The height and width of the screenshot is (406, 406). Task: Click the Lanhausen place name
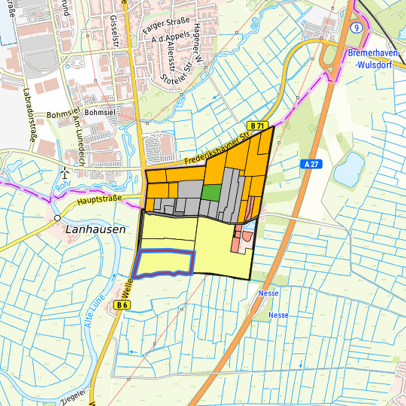(x=95, y=229)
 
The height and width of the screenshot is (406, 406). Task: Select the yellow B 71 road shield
(x=258, y=126)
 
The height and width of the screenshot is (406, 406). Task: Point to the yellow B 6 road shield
(x=123, y=305)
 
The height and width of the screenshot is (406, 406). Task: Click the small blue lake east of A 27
(x=347, y=169)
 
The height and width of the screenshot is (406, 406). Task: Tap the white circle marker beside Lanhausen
(x=57, y=218)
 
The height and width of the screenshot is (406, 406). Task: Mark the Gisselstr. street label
(x=117, y=30)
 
